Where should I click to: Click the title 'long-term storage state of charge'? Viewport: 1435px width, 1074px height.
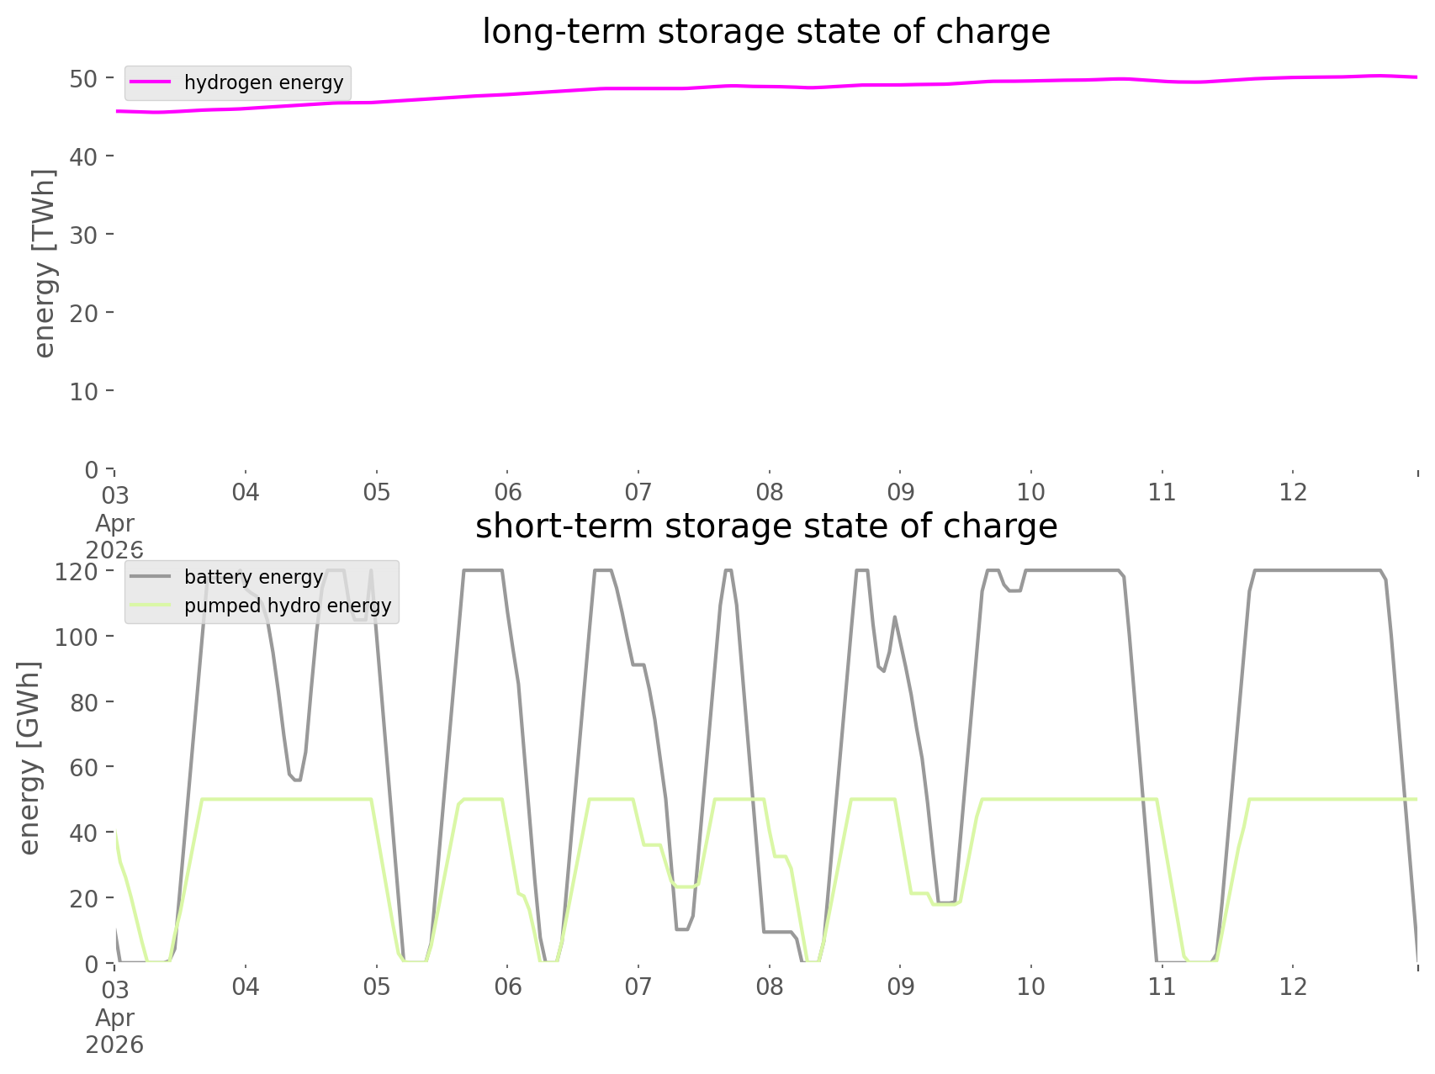[x=765, y=32]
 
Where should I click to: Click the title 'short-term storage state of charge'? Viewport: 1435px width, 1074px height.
[x=765, y=526]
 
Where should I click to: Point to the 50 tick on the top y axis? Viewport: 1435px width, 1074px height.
[x=83, y=79]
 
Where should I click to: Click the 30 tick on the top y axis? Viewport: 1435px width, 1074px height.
[x=83, y=235]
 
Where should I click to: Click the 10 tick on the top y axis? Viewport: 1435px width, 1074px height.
[x=83, y=392]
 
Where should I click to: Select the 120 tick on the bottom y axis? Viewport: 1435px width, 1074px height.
[x=77, y=572]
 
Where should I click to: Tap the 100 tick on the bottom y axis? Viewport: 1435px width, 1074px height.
[x=77, y=637]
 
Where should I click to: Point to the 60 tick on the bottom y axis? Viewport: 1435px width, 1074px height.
[x=83, y=767]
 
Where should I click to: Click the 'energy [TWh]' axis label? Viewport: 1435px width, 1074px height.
[x=45, y=263]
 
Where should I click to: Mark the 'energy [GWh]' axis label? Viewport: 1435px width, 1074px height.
[x=29, y=758]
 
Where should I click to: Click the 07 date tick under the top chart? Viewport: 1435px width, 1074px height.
[x=638, y=492]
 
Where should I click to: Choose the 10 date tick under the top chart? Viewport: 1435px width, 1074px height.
[x=1031, y=492]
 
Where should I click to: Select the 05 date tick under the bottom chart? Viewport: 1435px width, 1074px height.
[x=377, y=987]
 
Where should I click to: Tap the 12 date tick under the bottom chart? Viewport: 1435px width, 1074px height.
[x=1293, y=987]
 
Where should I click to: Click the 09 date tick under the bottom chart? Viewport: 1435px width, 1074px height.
[x=900, y=987]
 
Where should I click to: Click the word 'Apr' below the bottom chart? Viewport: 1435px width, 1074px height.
[x=114, y=1018]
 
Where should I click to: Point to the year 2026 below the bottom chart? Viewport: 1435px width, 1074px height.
[x=114, y=1045]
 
